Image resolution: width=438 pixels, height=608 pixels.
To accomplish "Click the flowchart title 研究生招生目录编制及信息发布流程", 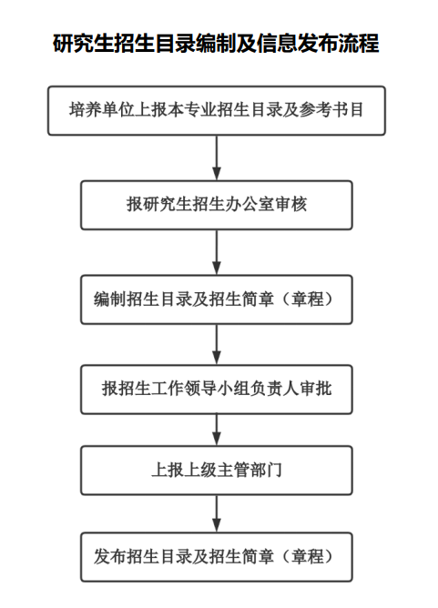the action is click(216, 43).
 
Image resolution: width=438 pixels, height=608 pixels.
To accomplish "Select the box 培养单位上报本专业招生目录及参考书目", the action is click(217, 110).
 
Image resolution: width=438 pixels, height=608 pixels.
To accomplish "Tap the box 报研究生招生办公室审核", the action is click(217, 205).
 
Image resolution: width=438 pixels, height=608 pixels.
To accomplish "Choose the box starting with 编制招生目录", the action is click(217, 299).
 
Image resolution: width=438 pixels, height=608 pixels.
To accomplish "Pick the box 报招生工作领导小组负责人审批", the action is click(217, 390).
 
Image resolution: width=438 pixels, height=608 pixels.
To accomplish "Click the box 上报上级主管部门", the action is click(217, 471).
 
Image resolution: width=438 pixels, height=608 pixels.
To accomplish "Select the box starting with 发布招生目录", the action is click(217, 557).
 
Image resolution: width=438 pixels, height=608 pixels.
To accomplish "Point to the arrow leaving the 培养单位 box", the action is click(217, 157).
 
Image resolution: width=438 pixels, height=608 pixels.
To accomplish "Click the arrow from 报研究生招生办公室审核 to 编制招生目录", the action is click(217, 252).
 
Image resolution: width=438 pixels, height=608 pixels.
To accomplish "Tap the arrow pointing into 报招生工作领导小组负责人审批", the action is click(217, 344).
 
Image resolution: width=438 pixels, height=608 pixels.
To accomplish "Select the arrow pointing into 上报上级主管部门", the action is click(217, 430).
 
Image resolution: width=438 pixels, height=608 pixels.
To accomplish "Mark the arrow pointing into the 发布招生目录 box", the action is click(217, 513).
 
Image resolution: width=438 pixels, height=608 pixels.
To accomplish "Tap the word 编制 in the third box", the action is click(110, 299).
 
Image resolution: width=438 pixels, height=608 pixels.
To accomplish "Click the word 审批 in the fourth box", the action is click(315, 389).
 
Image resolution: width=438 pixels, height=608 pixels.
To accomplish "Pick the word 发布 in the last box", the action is click(110, 557).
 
